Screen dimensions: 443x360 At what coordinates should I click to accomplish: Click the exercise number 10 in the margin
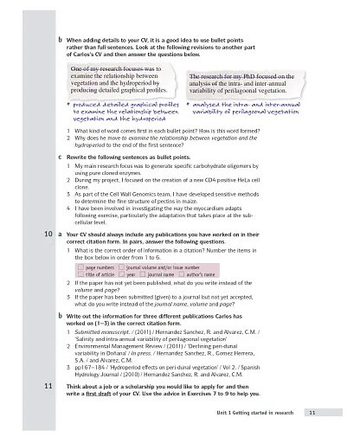pos(48,234)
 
